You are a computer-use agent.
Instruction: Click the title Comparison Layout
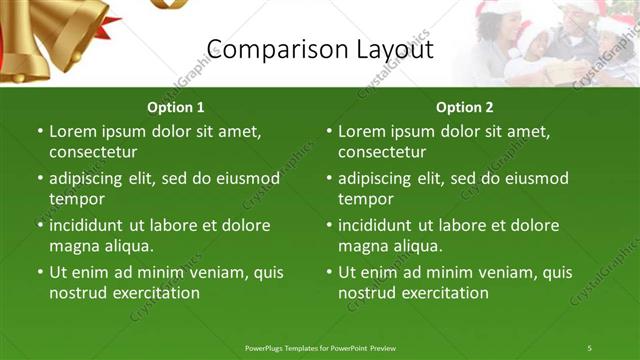tap(319, 49)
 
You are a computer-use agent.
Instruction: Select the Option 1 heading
tap(176, 107)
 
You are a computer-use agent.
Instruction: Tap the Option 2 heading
tap(465, 107)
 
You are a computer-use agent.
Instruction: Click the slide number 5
tap(589, 347)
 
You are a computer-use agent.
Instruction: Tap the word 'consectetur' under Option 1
tap(92, 153)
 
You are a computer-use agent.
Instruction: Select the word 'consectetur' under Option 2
tap(381, 153)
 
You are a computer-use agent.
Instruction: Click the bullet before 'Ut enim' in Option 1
tap(40, 272)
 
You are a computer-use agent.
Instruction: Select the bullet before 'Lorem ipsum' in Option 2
tap(329, 131)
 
